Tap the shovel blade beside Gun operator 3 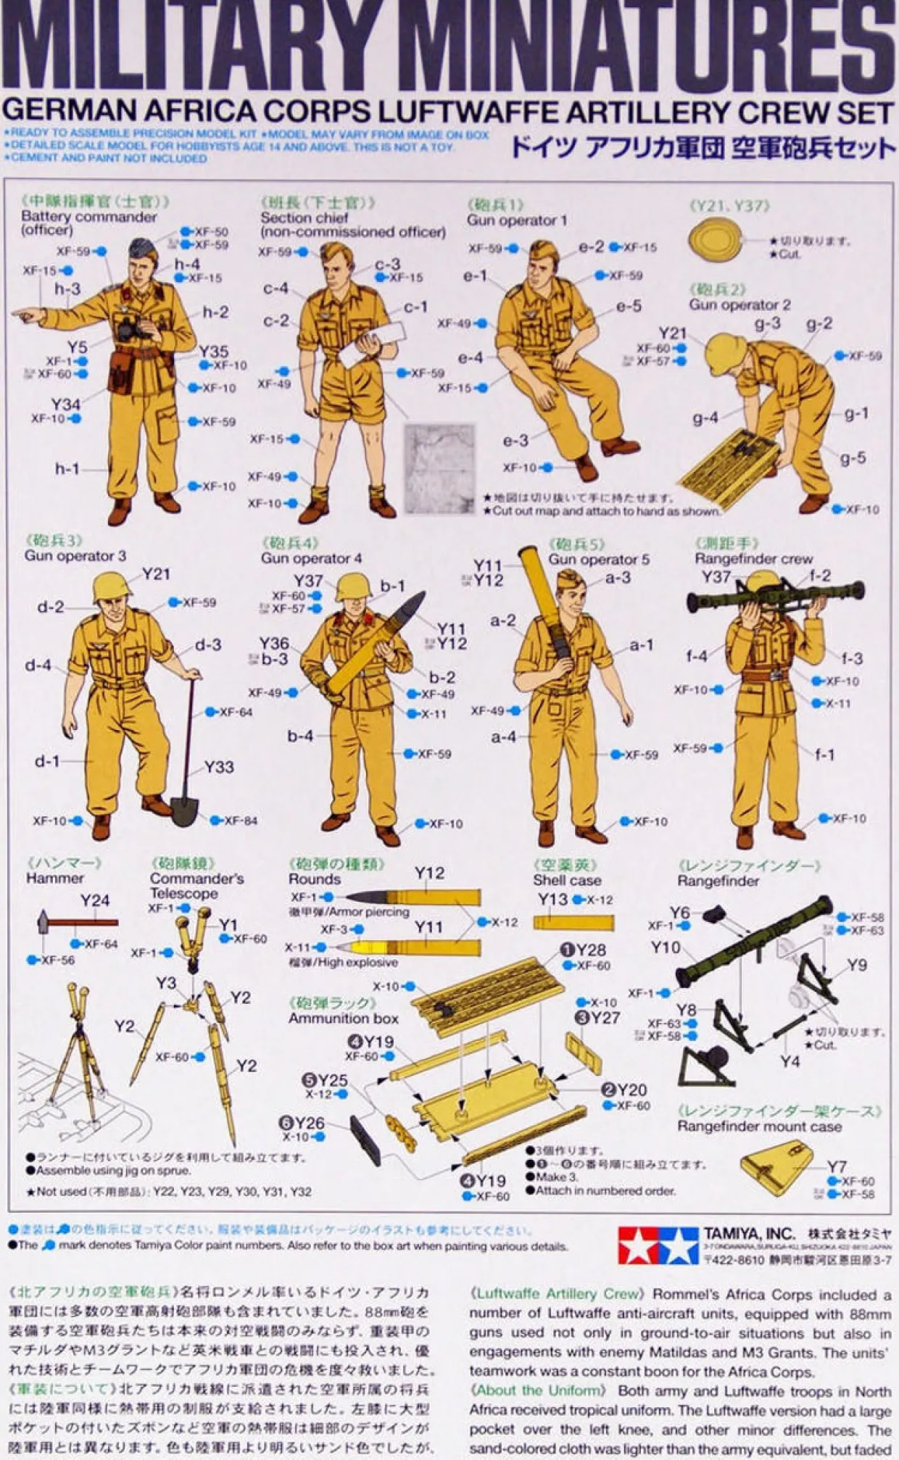(x=184, y=811)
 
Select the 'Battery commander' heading (x=88, y=217)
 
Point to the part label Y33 (x=218, y=767)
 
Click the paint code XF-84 (x=240, y=821)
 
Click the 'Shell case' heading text (x=566, y=880)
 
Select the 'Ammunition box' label (x=343, y=1019)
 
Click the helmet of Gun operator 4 (x=353, y=586)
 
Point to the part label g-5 (x=853, y=458)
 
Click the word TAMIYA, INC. (x=748, y=1234)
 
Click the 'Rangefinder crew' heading (x=753, y=559)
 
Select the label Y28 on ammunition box (x=591, y=950)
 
